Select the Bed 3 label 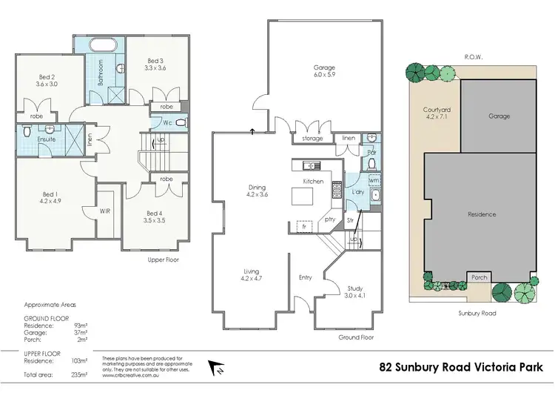tap(155, 64)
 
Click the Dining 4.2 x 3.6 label tap(257, 191)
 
